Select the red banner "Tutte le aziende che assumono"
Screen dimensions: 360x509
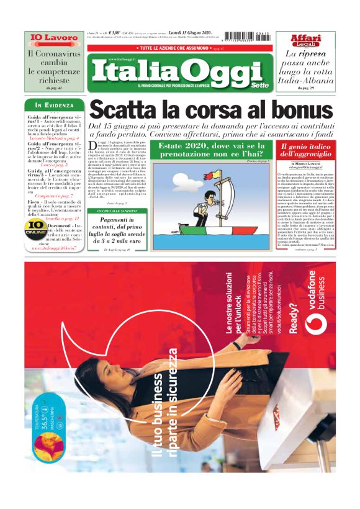click(x=179, y=48)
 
